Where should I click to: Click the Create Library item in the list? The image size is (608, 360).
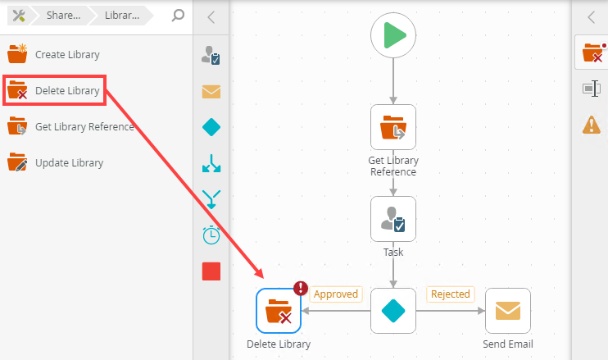tap(66, 55)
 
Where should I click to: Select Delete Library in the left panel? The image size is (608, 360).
tap(67, 91)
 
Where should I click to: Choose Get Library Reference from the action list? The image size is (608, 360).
tap(84, 126)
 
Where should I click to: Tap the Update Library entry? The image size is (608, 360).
tap(68, 162)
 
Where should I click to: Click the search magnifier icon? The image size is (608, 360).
tap(178, 16)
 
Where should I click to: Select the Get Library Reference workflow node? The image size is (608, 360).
tap(393, 127)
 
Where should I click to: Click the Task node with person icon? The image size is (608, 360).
tap(393, 219)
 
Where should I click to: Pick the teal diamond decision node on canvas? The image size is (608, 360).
tap(393, 311)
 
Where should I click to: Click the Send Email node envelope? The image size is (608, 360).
tap(508, 311)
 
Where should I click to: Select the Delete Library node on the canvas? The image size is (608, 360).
tap(279, 311)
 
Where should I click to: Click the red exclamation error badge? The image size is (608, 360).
tap(301, 288)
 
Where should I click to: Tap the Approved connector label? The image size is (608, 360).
tap(336, 294)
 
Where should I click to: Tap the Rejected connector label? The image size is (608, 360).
tap(450, 294)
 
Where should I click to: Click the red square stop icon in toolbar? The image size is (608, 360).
tap(211, 271)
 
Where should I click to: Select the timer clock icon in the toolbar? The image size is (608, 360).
tap(211, 235)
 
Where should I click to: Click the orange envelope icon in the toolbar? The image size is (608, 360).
tap(211, 91)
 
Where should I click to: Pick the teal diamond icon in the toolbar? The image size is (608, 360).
tap(211, 127)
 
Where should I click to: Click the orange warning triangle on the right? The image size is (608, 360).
tap(591, 125)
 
